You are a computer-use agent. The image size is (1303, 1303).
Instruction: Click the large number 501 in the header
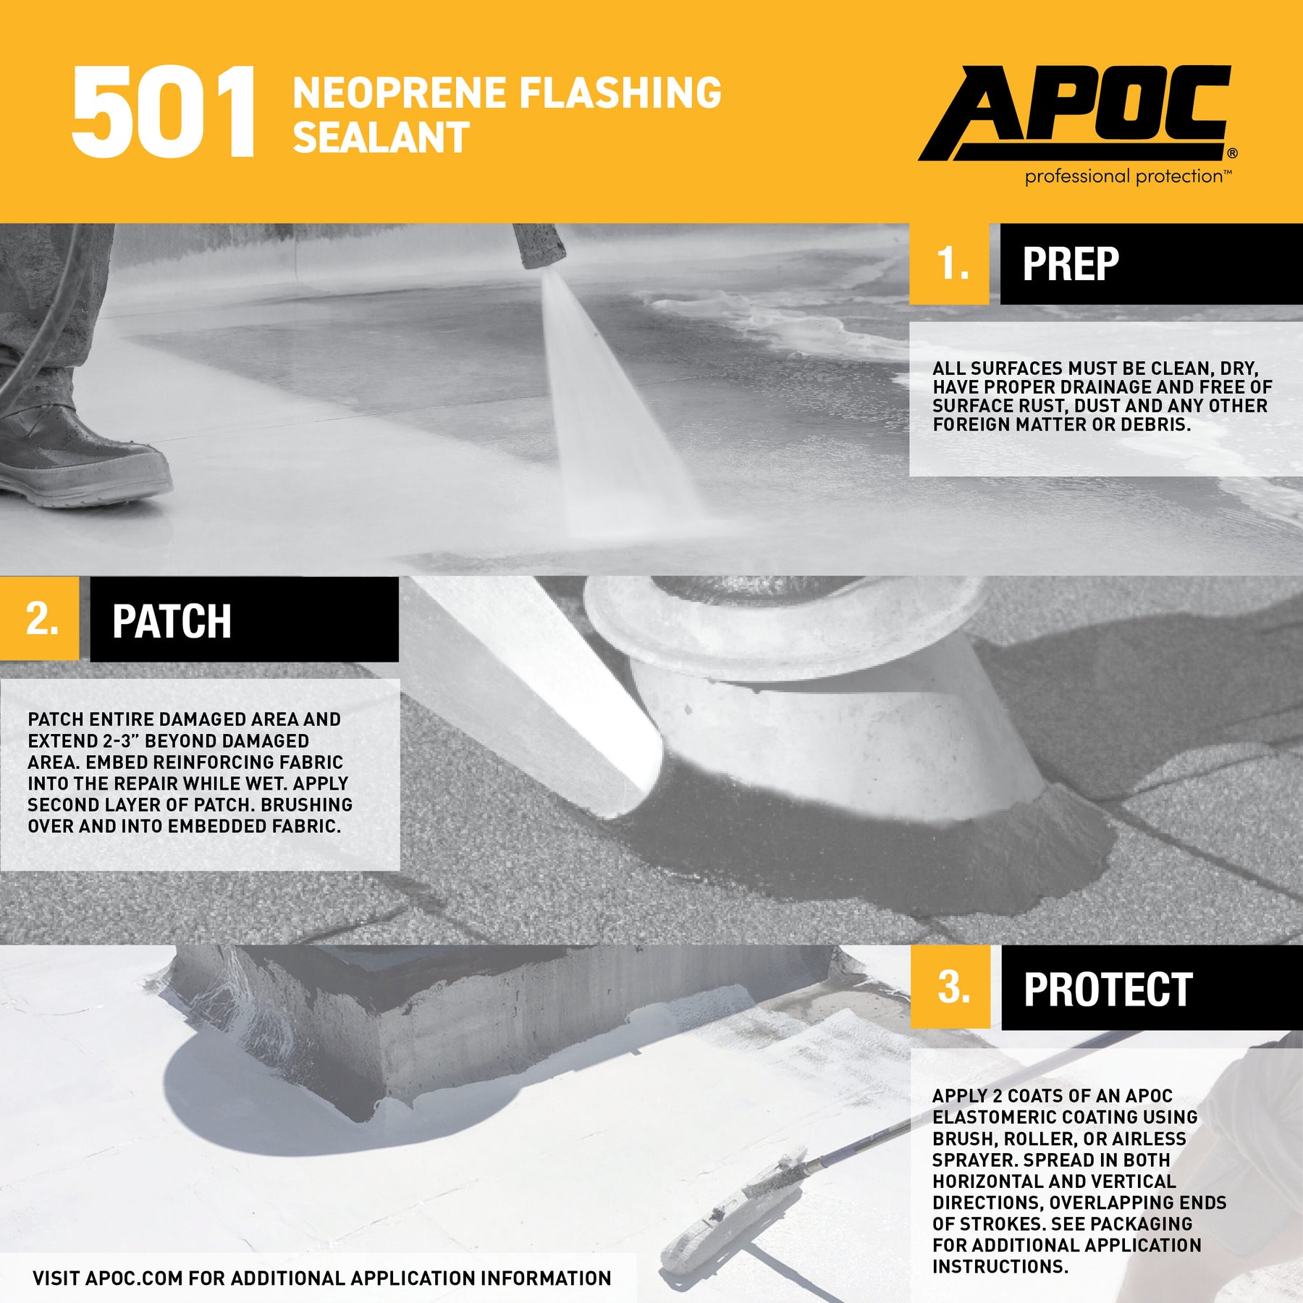pos(164,112)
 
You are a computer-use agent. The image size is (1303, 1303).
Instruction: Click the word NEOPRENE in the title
pos(400,92)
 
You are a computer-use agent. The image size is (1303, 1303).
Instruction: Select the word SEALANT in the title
pos(381,137)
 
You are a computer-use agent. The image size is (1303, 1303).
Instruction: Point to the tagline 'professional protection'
pos(1128,176)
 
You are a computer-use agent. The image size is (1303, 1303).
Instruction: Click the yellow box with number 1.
pos(948,263)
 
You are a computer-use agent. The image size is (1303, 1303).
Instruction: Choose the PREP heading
pos(1071,263)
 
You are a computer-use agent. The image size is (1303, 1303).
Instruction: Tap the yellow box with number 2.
pos(40,619)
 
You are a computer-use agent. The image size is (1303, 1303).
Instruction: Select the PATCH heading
pos(172,621)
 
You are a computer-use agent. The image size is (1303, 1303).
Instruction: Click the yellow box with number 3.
pos(950,987)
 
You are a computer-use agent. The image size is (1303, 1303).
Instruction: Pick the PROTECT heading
pos(1108,990)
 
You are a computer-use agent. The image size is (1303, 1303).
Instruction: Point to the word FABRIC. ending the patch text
pos(305,827)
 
